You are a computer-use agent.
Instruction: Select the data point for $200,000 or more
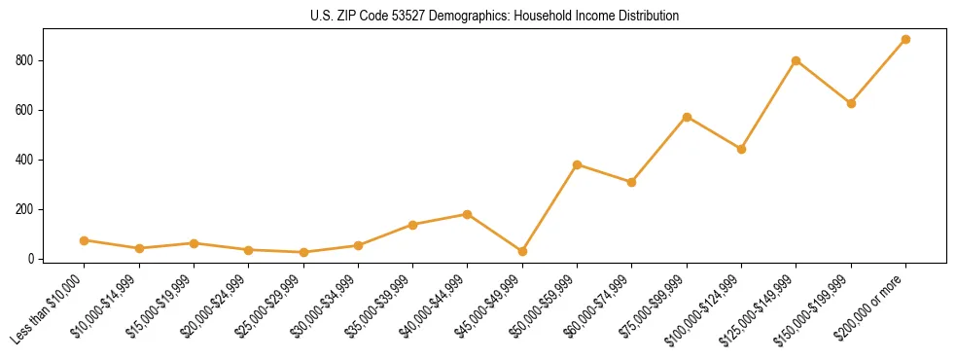[x=905, y=40]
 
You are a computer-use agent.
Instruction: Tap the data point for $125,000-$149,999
[x=796, y=60]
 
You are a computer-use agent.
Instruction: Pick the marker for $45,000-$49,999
[x=522, y=251]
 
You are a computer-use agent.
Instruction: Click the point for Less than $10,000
[x=84, y=240]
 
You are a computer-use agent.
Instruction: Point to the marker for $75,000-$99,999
[x=687, y=117]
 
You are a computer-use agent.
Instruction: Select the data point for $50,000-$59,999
[x=577, y=164]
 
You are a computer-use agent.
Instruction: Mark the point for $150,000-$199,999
[x=851, y=103]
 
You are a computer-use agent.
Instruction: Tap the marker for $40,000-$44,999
[x=468, y=214]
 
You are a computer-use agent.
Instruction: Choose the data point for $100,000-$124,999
[x=741, y=149]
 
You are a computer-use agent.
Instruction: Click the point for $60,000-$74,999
[x=631, y=182]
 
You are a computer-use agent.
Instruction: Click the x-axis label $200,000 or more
[x=872, y=303]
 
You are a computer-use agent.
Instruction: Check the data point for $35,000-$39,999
[x=412, y=225]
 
